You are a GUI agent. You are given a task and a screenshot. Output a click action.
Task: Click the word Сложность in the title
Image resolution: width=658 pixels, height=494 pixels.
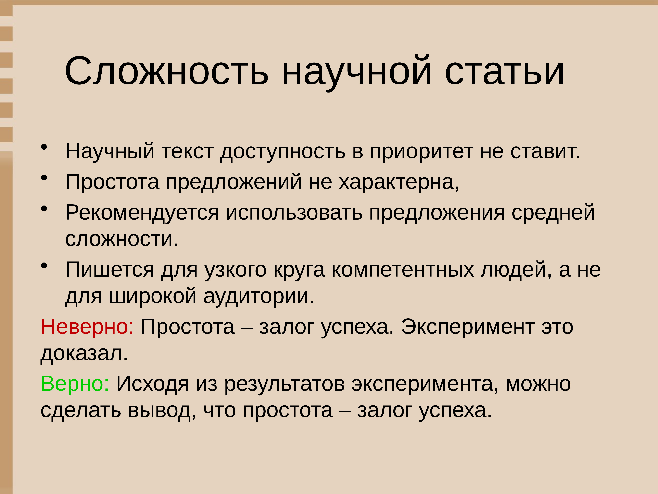pyautogui.click(x=167, y=71)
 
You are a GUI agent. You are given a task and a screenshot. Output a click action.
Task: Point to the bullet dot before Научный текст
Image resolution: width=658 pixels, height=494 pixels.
pyautogui.click(x=44, y=147)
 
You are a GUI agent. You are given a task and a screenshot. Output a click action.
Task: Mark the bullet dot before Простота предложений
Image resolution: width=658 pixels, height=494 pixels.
pyautogui.click(x=44, y=178)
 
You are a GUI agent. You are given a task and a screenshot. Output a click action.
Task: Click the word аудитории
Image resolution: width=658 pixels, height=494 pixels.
pyautogui.click(x=259, y=296)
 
